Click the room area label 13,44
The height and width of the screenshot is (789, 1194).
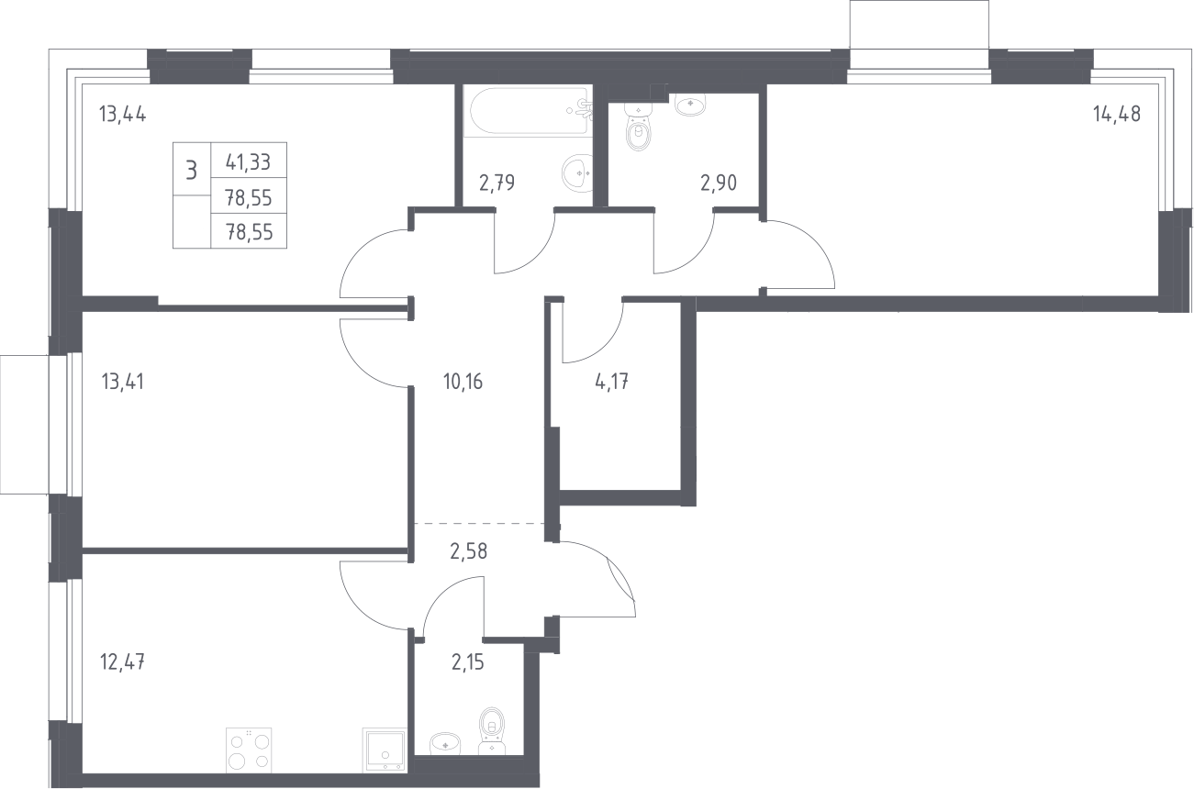point(123,115)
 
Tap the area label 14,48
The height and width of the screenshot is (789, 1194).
point(1117,114)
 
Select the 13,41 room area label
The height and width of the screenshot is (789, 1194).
point(123,382)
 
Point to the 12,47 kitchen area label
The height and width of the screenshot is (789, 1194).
point(122,662)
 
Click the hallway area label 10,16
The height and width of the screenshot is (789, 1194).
point(463,382)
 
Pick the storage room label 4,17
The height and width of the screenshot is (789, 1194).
point(611,382)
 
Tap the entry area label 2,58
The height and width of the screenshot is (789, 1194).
point(469,551)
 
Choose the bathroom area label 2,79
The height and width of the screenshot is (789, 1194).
point(497,183)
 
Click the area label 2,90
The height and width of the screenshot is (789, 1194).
point(719,183)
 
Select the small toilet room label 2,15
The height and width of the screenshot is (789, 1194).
point(467,662)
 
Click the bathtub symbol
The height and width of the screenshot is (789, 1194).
point(529,111)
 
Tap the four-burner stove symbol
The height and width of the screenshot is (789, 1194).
point(249,750)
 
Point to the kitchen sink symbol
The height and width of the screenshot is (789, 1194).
point(385,750)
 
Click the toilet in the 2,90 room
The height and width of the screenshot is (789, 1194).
point(638,128)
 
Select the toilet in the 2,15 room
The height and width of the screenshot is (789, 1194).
point(492,731)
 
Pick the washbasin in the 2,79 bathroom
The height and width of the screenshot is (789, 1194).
point(577,172)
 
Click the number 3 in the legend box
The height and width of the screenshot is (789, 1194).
point(192,171)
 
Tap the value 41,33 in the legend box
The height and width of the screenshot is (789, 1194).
point(249,161)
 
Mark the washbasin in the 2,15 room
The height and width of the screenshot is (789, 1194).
point(444,743)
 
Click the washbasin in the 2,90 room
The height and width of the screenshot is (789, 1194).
point(690,104)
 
